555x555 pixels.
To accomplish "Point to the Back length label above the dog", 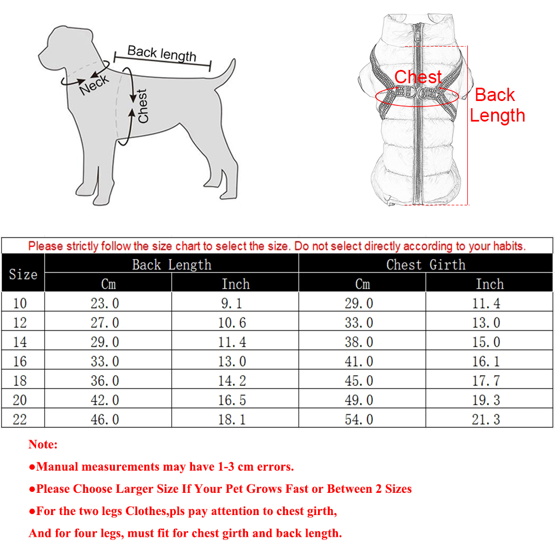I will click(162, 54).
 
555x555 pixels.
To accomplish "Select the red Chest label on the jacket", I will click(418, 77).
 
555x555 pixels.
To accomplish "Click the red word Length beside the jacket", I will click(497, 115).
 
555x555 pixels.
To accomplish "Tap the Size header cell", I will click(23, 274).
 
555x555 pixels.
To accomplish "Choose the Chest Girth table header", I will click(426, 265).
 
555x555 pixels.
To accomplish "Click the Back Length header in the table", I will click(171, 265).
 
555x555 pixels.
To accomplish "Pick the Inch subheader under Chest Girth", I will click(490, 284).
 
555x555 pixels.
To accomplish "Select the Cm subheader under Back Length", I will click(108, 284).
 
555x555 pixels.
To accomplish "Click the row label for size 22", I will click(19, 419).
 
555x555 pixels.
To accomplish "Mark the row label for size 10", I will click(19, 303).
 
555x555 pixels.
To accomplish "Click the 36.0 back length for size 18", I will click(105, 381).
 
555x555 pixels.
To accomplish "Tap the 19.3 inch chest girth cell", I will click(486, 400).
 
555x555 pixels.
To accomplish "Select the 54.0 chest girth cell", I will click(359, 419).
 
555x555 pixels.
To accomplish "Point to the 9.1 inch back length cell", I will click(232, 303).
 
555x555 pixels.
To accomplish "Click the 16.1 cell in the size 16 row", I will click(486, 361).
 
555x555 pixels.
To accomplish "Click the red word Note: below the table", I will click(43, 445).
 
